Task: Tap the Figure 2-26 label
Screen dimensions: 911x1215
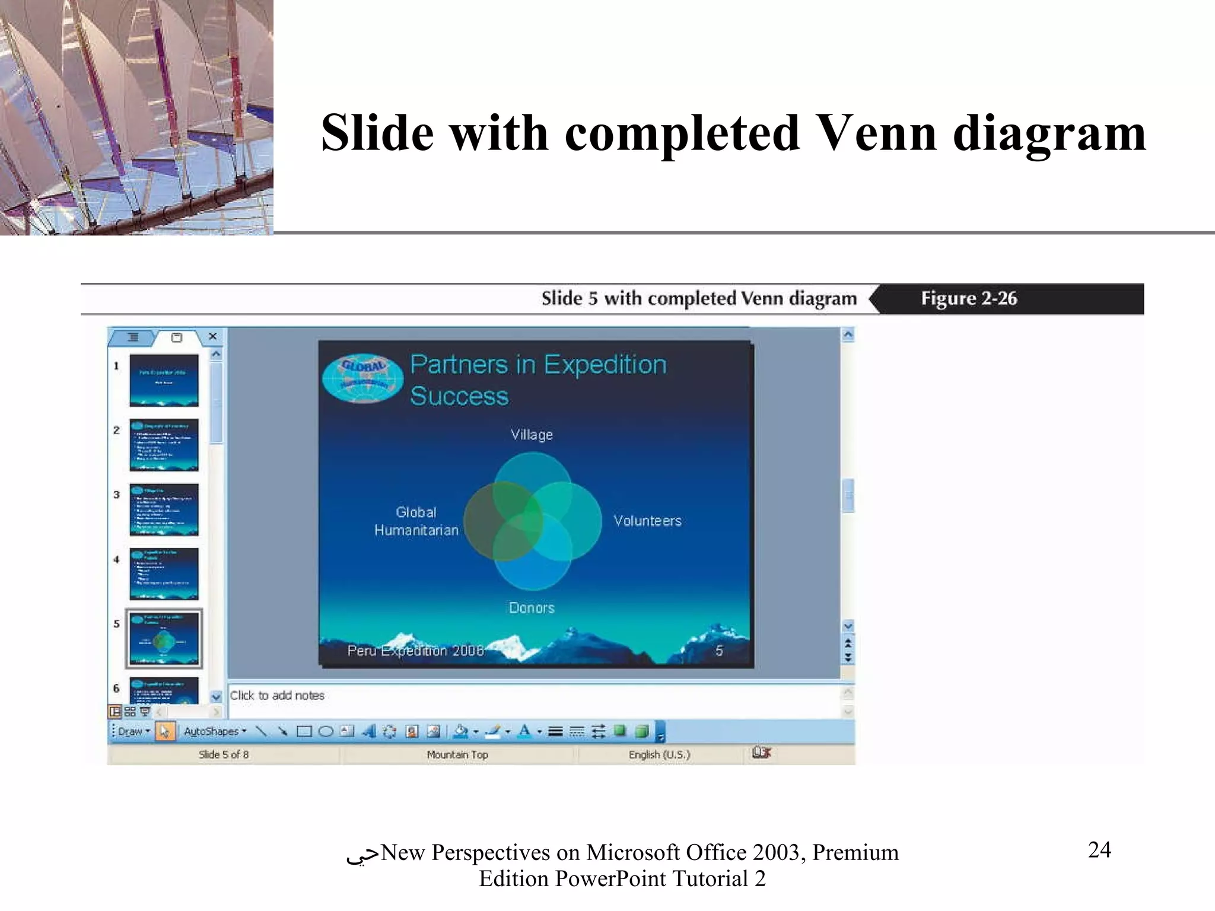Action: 968,298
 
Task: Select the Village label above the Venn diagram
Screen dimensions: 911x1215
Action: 532,435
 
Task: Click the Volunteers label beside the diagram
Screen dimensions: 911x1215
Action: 647,521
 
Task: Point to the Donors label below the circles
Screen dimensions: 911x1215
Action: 532,608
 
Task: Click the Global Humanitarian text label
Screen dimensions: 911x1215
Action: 416,521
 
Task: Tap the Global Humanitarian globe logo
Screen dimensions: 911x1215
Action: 362,378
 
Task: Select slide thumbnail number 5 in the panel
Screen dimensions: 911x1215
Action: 164,639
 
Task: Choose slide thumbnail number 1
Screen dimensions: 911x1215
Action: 164,380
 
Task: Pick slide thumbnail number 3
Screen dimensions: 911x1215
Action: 164,509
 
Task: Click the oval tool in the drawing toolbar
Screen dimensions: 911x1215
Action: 326,731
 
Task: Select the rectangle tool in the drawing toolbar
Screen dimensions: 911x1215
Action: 304,731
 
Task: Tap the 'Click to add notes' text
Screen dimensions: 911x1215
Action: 277,695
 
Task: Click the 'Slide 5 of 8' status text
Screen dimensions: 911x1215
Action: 224,754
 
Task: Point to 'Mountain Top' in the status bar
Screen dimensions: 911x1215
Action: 457,754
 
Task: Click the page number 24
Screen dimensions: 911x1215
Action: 1099,850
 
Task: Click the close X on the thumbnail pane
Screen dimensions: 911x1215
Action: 212,336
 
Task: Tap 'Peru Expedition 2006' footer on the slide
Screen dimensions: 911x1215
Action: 415,651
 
